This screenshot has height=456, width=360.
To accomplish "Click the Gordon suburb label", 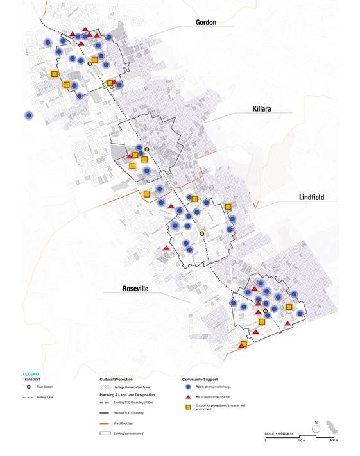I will (206, 22).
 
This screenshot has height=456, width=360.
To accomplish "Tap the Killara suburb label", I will (261, 110).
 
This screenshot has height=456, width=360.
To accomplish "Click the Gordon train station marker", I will (90, 64).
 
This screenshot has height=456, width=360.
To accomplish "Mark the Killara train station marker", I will (147, 149).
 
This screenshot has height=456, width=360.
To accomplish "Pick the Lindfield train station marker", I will (201, 234).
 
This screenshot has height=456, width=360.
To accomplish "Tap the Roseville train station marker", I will (266, 311).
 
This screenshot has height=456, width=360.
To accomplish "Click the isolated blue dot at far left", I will (29, 115).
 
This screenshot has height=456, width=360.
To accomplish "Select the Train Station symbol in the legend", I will (28, 388).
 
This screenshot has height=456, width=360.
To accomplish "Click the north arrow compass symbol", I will (316, 428).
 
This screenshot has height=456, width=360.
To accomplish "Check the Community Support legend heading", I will (201, 379).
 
